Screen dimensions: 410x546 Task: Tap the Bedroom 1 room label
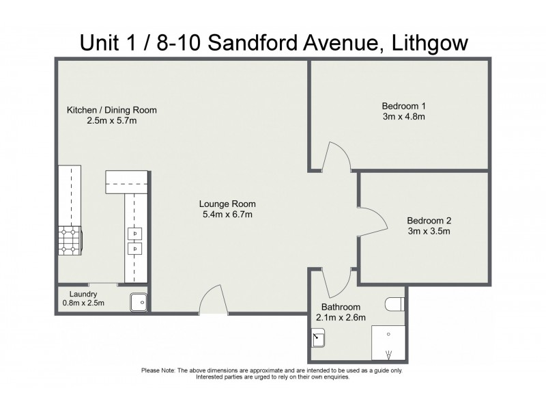403,106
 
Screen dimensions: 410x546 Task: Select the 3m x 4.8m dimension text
403,117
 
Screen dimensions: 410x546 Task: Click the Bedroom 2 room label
429,221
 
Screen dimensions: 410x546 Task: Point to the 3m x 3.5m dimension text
429,232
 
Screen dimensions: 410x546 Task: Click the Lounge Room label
227,204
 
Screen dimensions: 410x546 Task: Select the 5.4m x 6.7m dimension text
227,215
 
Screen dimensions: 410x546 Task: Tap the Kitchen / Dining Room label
112,110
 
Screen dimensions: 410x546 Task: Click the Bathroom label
338,307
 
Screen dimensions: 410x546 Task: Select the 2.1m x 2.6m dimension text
341,318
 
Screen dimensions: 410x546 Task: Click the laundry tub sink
139,301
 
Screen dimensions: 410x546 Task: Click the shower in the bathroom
388,344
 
